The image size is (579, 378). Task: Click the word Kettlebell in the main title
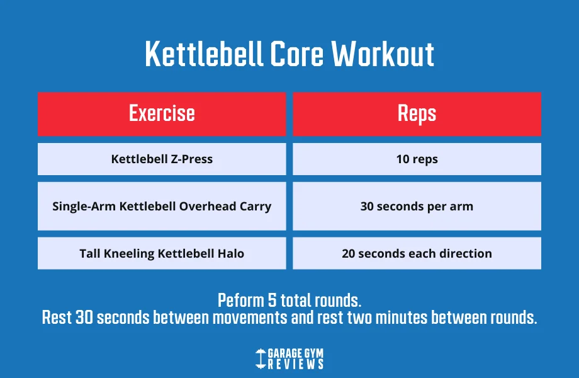coord(203,55)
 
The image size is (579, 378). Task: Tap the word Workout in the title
coord(383,55)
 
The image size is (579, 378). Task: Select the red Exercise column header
coord(162,113)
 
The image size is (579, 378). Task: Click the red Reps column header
coord(417,113)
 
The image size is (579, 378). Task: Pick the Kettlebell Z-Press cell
coord(162,159)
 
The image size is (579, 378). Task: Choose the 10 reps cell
coord(417,159)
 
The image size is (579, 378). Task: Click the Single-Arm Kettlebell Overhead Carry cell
coord(162,206)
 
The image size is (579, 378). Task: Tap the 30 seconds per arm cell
coord(417,206)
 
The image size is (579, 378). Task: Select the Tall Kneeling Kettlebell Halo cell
coord(162,253)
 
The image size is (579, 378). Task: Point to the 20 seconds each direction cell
coord(417,253)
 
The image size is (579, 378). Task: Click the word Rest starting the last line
coord(57,318)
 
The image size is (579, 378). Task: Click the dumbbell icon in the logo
coord(261,358)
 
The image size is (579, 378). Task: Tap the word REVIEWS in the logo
coord(296,364)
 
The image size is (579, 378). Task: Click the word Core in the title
coord(298,55)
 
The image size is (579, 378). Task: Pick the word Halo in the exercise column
coord(230,253)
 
